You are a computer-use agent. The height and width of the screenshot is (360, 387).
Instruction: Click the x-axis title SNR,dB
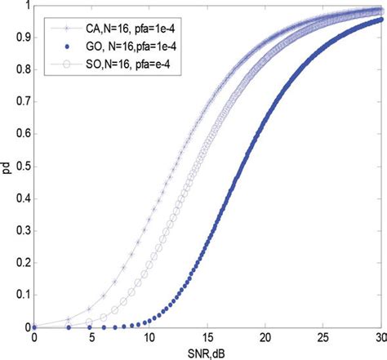point(208,352)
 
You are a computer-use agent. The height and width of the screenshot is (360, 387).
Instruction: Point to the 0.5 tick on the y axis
point(22,167)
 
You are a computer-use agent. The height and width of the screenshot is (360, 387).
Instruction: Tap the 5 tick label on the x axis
point(91,337)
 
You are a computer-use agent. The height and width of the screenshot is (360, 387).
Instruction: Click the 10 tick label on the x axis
point(149,337)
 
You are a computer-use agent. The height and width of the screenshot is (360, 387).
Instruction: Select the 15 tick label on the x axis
point(207,337)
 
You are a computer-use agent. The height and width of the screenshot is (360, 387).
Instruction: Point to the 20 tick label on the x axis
point(265,337)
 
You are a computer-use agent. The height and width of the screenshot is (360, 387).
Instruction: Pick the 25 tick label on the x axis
point(322,337)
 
